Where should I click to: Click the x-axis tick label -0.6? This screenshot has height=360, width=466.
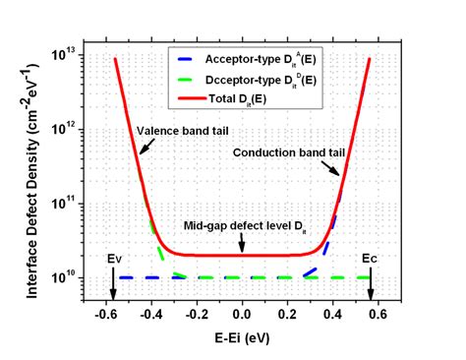(105, 315)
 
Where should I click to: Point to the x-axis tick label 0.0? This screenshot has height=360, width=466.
(242, 315)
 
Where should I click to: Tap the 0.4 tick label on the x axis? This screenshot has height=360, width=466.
(332, 315)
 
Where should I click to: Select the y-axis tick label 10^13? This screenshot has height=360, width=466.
(63, 54)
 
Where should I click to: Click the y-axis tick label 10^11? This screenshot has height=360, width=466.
(63, 203)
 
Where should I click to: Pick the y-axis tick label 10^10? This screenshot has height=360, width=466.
(63, 277)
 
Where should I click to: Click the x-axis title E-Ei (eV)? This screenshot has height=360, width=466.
(242, 338)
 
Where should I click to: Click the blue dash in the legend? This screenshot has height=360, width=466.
(187, 59)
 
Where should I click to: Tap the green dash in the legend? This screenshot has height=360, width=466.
(187, 80)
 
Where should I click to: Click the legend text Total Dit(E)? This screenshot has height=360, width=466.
(238, 99)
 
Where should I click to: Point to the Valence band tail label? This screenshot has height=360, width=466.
(183, 131)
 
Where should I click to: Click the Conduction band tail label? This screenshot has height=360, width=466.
(289, 152)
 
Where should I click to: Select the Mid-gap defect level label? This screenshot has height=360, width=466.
(245, 226)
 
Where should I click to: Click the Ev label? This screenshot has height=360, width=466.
(114, 259)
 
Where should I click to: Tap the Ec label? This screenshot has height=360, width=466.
(370, 259)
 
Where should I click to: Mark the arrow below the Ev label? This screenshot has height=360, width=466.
(113, 284)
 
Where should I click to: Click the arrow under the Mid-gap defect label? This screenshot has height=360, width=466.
(242, 243)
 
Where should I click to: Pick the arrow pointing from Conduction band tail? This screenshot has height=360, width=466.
(330, 168)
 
